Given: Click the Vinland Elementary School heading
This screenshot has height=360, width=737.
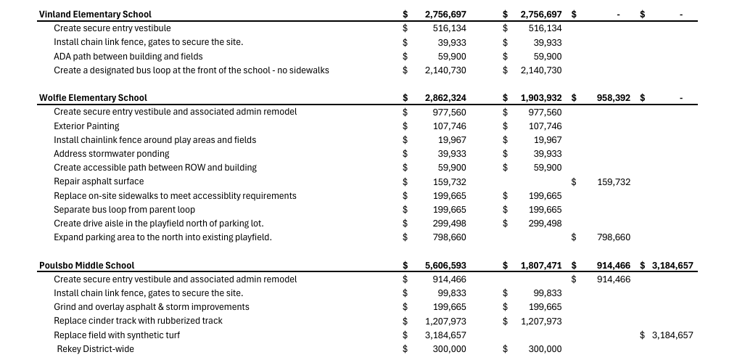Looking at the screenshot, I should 95,15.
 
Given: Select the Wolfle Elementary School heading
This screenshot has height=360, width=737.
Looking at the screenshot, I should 93,98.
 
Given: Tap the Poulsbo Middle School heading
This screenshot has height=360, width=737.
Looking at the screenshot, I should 86,266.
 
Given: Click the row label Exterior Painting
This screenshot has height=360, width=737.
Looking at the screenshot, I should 86,126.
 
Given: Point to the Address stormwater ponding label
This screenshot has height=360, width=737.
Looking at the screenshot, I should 111,154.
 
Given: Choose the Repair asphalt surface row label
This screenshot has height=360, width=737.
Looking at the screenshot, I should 99,181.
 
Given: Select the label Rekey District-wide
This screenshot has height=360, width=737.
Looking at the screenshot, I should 96,349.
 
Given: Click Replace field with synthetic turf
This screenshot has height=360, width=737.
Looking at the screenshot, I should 117,335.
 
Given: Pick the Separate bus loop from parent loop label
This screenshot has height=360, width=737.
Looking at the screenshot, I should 124,210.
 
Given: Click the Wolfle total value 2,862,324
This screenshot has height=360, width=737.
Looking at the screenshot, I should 445,98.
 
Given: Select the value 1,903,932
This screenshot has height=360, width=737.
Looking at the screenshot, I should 541,98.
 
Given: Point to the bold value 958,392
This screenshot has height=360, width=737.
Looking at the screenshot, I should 614,98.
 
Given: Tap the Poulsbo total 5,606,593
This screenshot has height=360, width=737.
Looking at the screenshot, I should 445,266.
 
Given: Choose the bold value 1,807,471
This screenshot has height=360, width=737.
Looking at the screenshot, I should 541,266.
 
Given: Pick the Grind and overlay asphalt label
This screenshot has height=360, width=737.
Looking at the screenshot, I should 151,307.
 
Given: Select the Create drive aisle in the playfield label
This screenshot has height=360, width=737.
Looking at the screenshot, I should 158,224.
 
